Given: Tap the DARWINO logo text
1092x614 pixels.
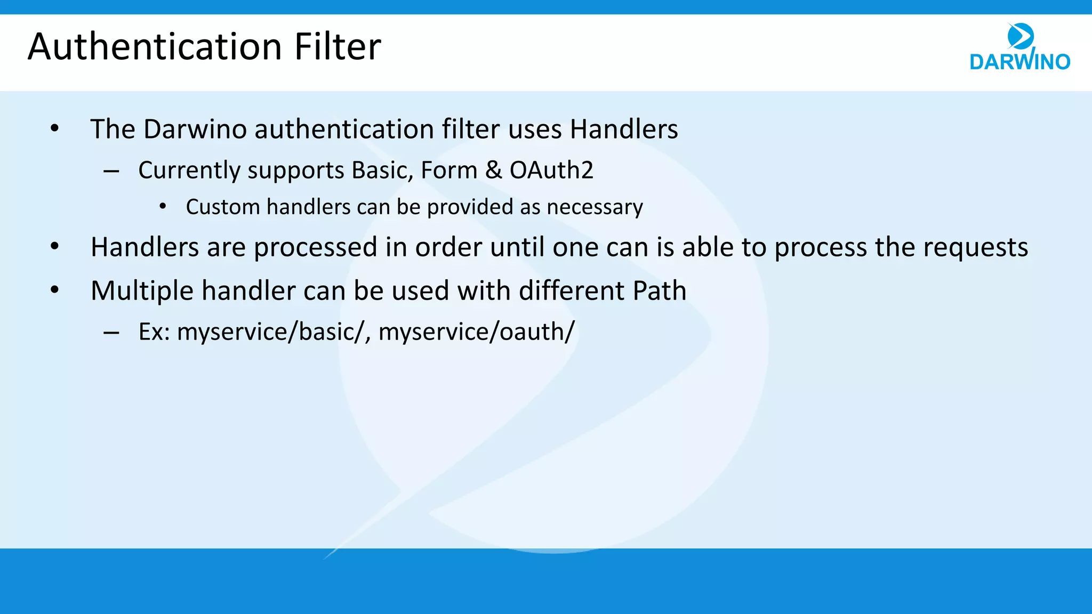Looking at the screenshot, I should [1019, 62].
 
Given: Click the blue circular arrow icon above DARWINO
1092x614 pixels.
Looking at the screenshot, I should [1021, 36].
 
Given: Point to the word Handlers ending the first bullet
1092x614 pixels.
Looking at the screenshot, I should [624, 130].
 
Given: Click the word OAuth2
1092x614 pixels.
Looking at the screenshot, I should [551, 171].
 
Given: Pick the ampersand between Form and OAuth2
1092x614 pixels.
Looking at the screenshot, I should [493, 171].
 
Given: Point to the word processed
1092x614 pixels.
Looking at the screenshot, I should [315, 248].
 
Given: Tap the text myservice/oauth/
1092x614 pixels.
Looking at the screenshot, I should [476, 332].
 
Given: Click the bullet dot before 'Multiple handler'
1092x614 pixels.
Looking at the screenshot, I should [54, 290].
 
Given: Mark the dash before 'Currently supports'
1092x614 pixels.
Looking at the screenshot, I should [111, 172].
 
